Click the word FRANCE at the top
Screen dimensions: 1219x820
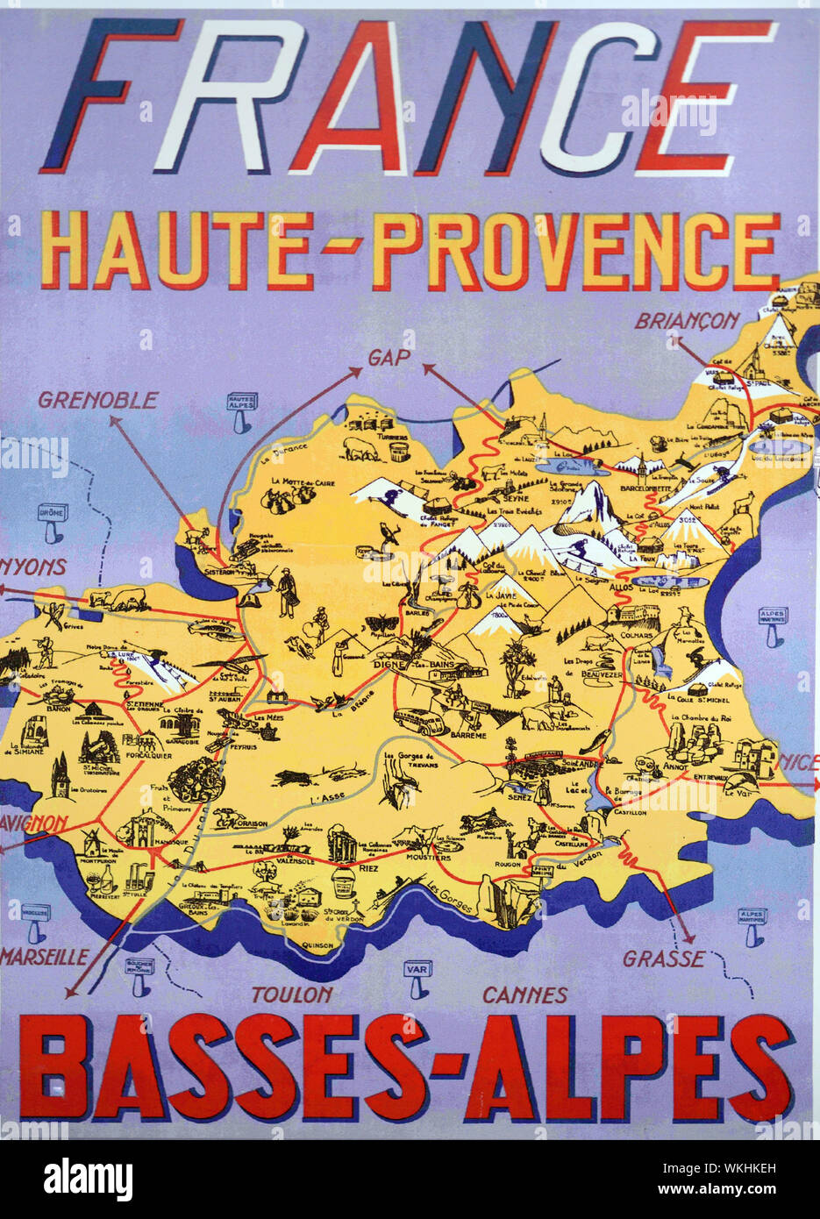coord(408,96)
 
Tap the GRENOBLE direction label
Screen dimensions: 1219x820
coord(97,401)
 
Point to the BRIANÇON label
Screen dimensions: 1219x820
coord(687,321)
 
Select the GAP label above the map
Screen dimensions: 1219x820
coord(389,357)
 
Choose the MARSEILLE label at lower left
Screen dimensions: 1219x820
coord(44,956)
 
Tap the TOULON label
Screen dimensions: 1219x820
coord(292,994)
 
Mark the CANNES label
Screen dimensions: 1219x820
coord(524,995)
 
